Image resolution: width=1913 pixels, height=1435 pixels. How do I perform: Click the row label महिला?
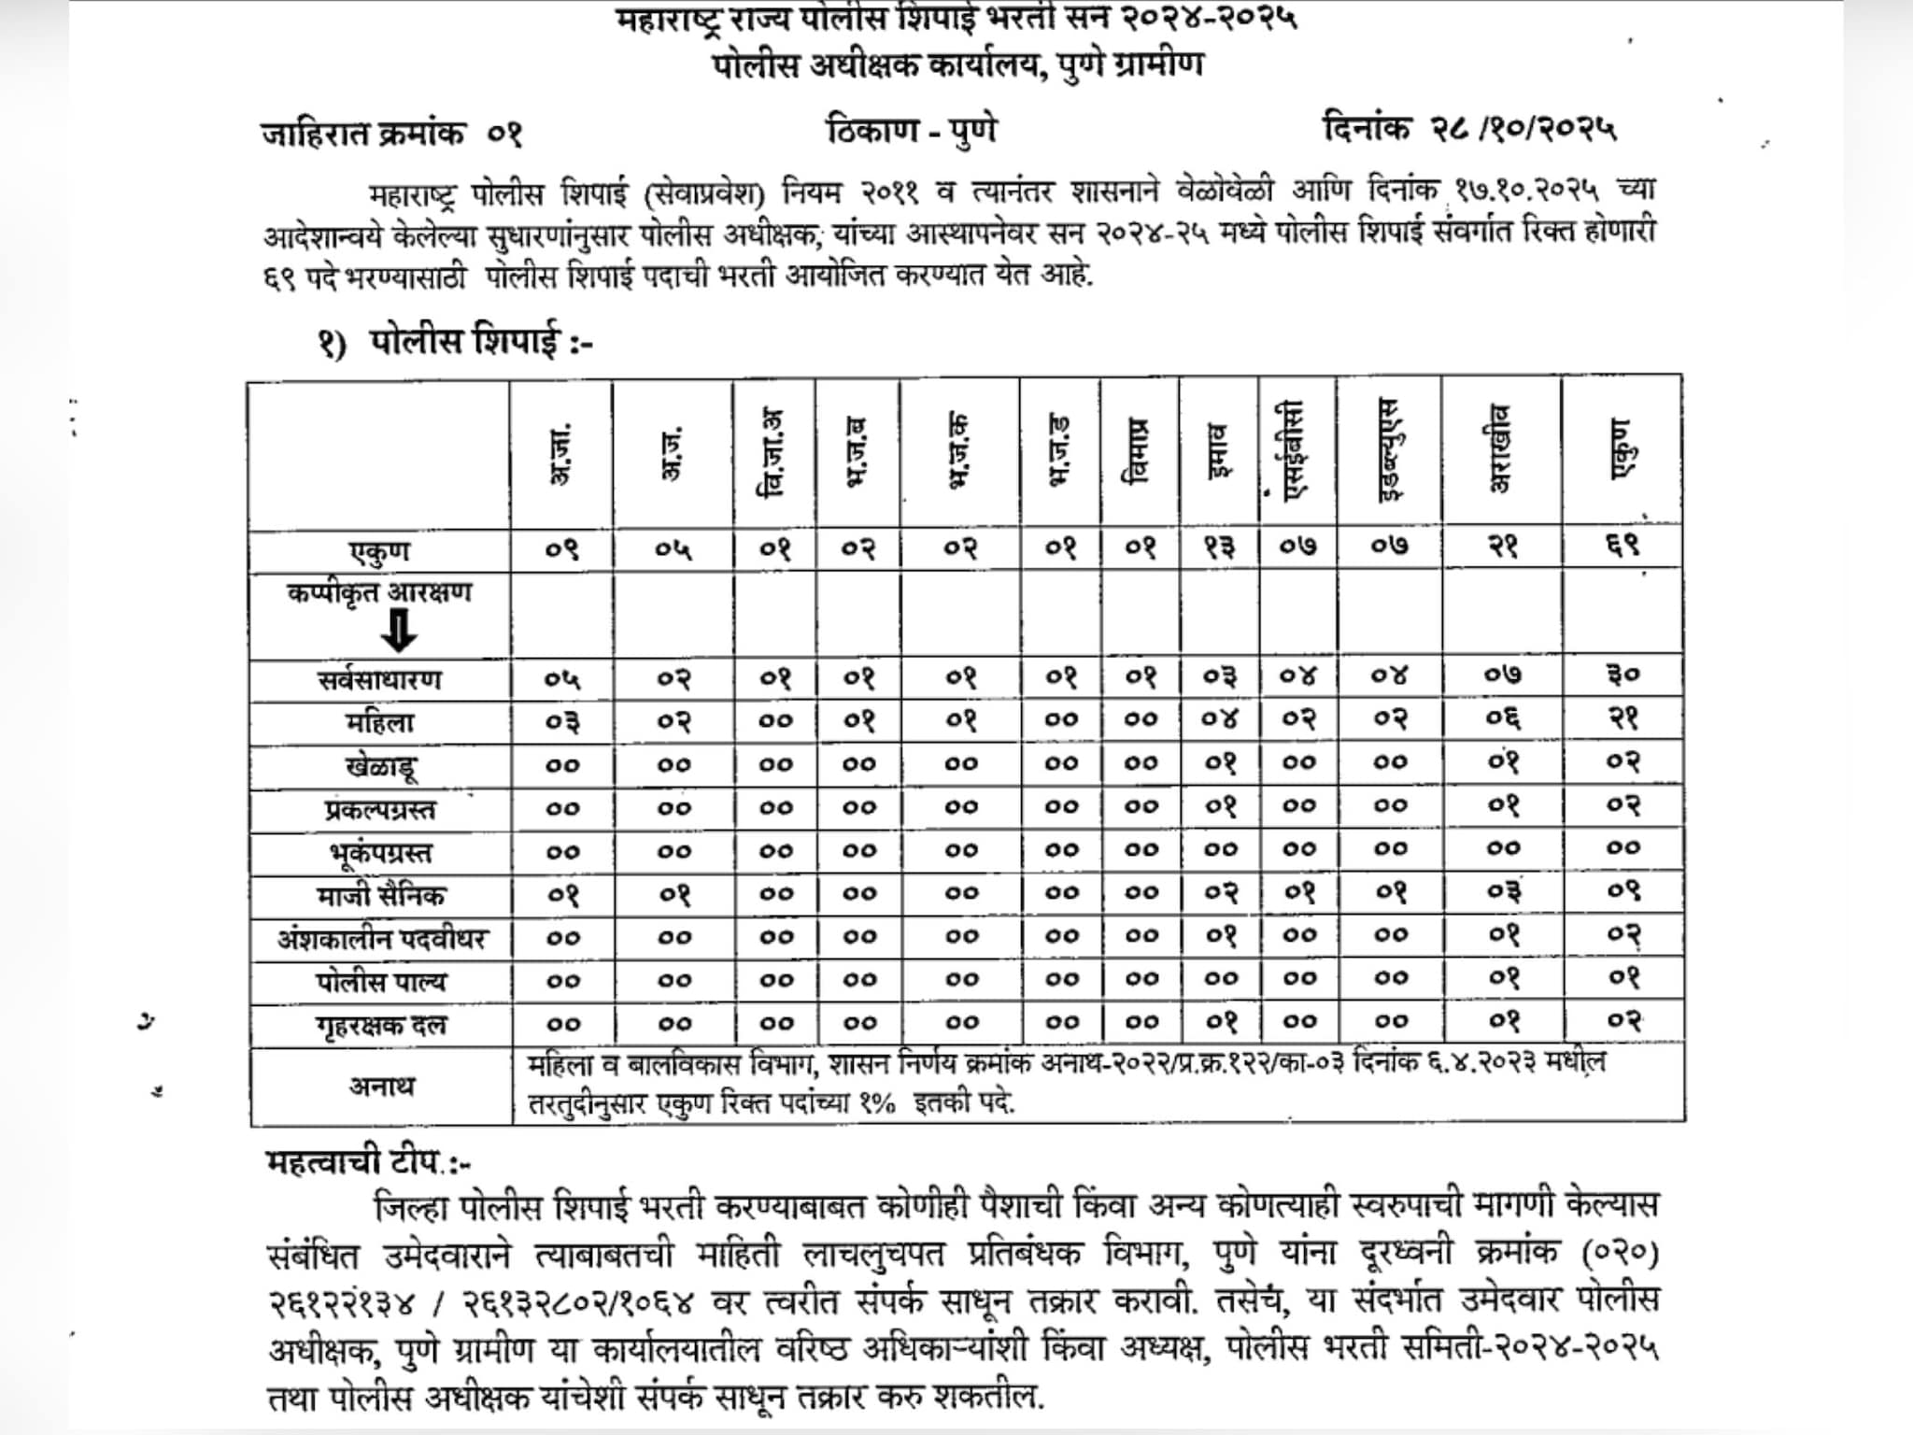379,722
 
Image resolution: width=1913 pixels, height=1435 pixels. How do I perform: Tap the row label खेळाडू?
380,767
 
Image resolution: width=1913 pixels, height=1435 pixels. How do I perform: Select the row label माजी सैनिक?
380,896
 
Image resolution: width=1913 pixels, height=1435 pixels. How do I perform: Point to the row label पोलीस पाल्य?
380,982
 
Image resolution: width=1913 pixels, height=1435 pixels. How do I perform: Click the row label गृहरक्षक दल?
380,1026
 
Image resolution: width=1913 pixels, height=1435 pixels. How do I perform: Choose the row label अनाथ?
380,1086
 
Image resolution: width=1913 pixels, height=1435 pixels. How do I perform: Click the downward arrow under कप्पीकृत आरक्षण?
399,631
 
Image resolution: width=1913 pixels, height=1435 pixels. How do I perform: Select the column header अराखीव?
1498,448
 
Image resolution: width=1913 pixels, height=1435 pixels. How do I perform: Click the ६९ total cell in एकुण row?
1623,547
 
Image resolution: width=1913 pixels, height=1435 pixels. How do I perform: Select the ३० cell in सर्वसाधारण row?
1623,675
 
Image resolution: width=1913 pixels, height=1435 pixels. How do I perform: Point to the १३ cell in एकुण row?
1219,547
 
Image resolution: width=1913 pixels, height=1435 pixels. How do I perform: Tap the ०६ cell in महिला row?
1502,719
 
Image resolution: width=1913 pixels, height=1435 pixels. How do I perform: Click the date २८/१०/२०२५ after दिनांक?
1523,129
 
